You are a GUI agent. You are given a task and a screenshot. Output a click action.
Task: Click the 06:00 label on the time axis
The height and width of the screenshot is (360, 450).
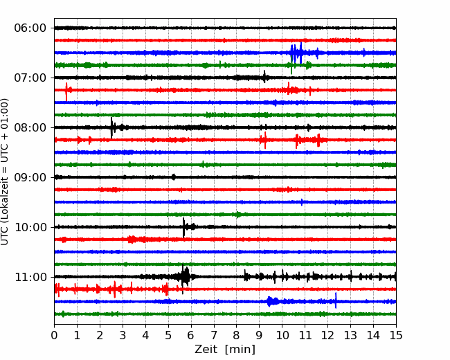tap(30, 28)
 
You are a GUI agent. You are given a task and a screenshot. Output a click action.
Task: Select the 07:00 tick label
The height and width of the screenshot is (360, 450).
tap(30, 78)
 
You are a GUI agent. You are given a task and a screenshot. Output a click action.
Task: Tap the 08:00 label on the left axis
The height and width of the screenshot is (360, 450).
tap(30, 127)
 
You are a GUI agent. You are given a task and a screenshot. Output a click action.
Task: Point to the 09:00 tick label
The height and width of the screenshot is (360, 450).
tap(30, 177)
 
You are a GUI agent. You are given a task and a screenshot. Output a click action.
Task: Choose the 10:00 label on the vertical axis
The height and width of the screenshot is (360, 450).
tap(30, 227)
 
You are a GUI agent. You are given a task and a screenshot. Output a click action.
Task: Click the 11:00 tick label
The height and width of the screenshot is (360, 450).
tap(30, 277)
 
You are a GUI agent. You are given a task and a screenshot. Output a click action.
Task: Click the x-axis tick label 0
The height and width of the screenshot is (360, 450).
tap(54, 335)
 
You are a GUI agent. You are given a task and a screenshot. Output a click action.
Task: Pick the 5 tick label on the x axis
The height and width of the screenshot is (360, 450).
tap(168, 335)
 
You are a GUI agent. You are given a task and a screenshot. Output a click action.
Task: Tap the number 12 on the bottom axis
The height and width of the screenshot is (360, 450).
tap(327, 335)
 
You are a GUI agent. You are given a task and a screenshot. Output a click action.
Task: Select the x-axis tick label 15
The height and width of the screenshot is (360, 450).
tap(396, 335)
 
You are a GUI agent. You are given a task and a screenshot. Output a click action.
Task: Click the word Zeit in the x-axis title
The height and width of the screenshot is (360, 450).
tap(206, 349)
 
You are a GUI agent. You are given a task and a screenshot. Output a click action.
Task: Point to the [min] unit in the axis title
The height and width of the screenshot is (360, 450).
tap(240, 350)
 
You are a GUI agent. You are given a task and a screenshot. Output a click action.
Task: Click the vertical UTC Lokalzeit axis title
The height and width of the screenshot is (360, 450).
tap(5, 172)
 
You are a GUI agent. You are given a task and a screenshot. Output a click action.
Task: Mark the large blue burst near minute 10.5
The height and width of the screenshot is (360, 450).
tap(297, 53)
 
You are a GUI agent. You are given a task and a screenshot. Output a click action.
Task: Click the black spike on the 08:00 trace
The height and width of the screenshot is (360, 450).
tap(111, 127)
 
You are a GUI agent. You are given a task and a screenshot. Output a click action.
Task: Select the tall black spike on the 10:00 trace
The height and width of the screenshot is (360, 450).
tap(183, 227)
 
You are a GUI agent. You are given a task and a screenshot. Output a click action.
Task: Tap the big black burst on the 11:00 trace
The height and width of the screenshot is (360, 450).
tap(184, 277)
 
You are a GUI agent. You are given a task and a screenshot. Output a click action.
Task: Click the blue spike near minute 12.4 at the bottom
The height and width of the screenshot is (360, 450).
tap(336, 300)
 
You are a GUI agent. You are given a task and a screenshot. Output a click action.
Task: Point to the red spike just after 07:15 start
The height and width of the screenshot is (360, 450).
tap(66, 91)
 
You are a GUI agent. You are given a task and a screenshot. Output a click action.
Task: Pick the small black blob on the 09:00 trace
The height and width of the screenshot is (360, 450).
tap(174, 177)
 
